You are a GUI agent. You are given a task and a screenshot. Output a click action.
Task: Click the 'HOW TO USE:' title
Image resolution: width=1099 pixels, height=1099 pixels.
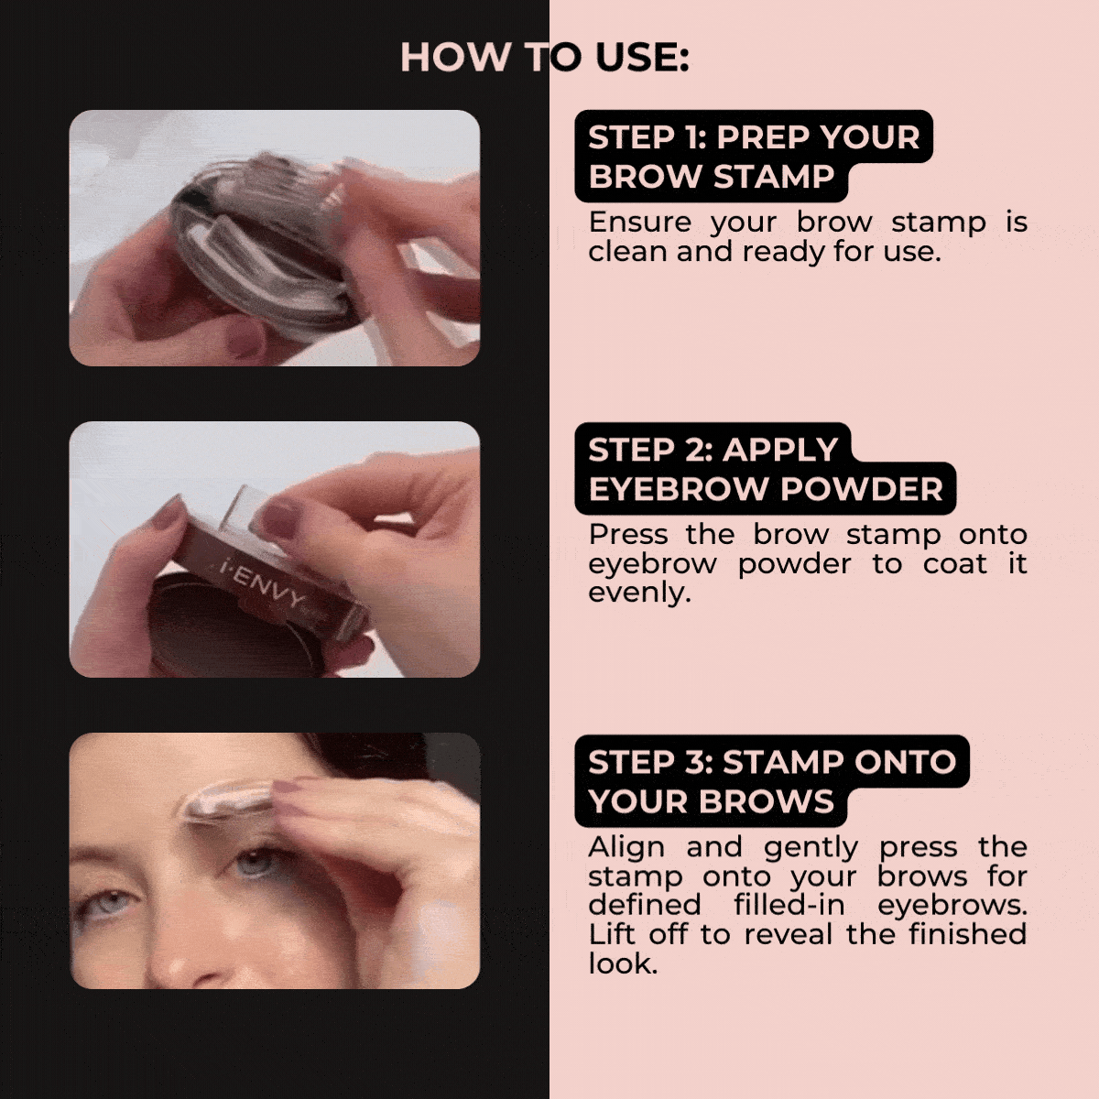tap(545, 58)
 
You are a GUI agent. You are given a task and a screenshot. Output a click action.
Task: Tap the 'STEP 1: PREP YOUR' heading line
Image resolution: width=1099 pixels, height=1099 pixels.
tap(754, 137)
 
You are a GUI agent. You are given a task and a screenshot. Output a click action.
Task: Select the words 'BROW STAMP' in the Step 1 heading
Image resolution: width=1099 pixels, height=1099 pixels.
tap(712, 176)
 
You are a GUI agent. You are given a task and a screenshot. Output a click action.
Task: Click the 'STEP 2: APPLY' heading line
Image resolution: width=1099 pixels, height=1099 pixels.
tap(713, 450)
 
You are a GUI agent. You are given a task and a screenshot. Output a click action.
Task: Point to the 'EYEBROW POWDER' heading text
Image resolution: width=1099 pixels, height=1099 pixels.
tap(766, 489)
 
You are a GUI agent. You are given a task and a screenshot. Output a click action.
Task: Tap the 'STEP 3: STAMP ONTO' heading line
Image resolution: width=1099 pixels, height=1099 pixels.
tap(772, 763)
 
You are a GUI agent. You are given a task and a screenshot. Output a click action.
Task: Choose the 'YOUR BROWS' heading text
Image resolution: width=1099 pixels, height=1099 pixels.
tap(712, 801)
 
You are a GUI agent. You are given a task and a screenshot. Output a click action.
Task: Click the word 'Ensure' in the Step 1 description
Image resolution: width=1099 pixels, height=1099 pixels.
tap(640, 222)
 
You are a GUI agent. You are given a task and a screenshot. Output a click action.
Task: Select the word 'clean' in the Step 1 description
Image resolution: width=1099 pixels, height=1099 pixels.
tap(626, 252)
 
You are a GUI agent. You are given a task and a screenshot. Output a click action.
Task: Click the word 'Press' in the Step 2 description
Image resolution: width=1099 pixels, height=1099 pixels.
tap(628, 534)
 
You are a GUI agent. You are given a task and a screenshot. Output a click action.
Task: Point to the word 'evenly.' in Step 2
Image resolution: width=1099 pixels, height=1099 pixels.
tap(639, 593)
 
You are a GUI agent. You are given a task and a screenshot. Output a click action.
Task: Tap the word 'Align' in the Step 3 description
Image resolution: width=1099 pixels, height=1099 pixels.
tap(626, 847)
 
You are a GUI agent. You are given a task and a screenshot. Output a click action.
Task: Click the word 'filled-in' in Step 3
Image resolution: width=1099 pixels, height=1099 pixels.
tap(789, 905)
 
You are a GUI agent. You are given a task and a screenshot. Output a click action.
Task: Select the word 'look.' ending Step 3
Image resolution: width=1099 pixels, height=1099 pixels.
tap(623, 964)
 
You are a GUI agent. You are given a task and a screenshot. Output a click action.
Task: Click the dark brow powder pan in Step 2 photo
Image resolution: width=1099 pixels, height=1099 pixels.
tap(228, 633)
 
